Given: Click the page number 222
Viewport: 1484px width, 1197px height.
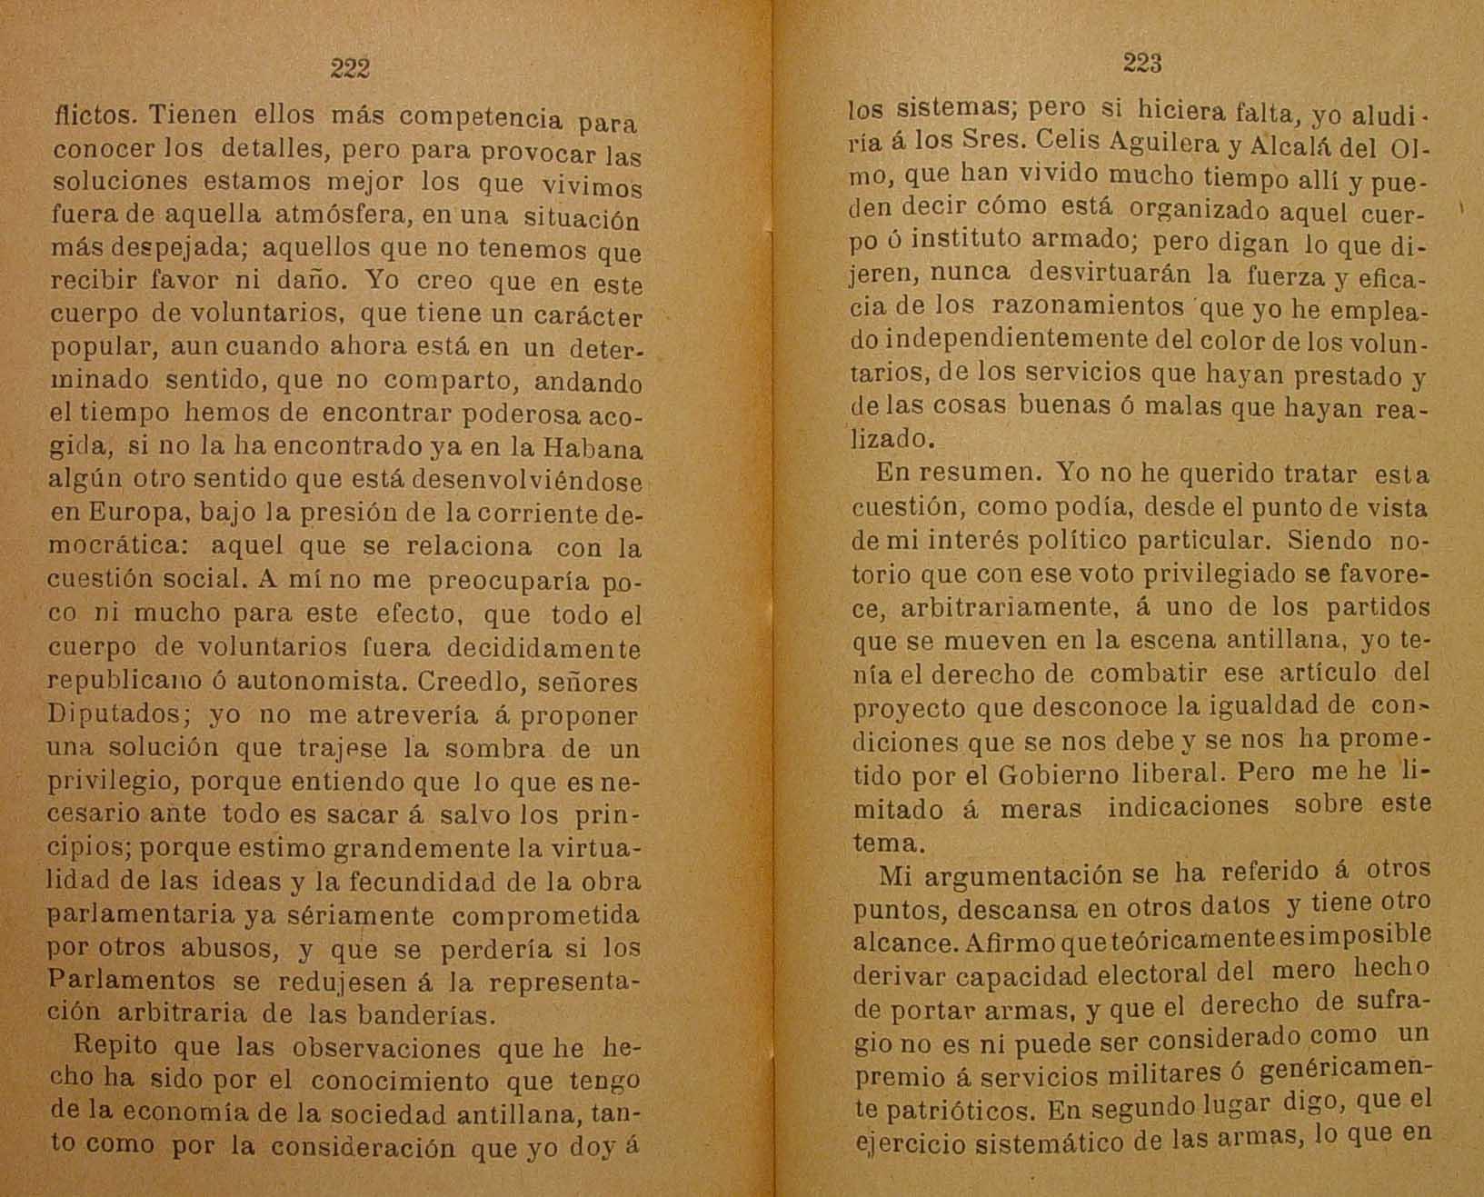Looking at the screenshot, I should [350, 68].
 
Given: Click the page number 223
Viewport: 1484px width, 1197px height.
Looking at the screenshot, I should [1142, 63].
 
